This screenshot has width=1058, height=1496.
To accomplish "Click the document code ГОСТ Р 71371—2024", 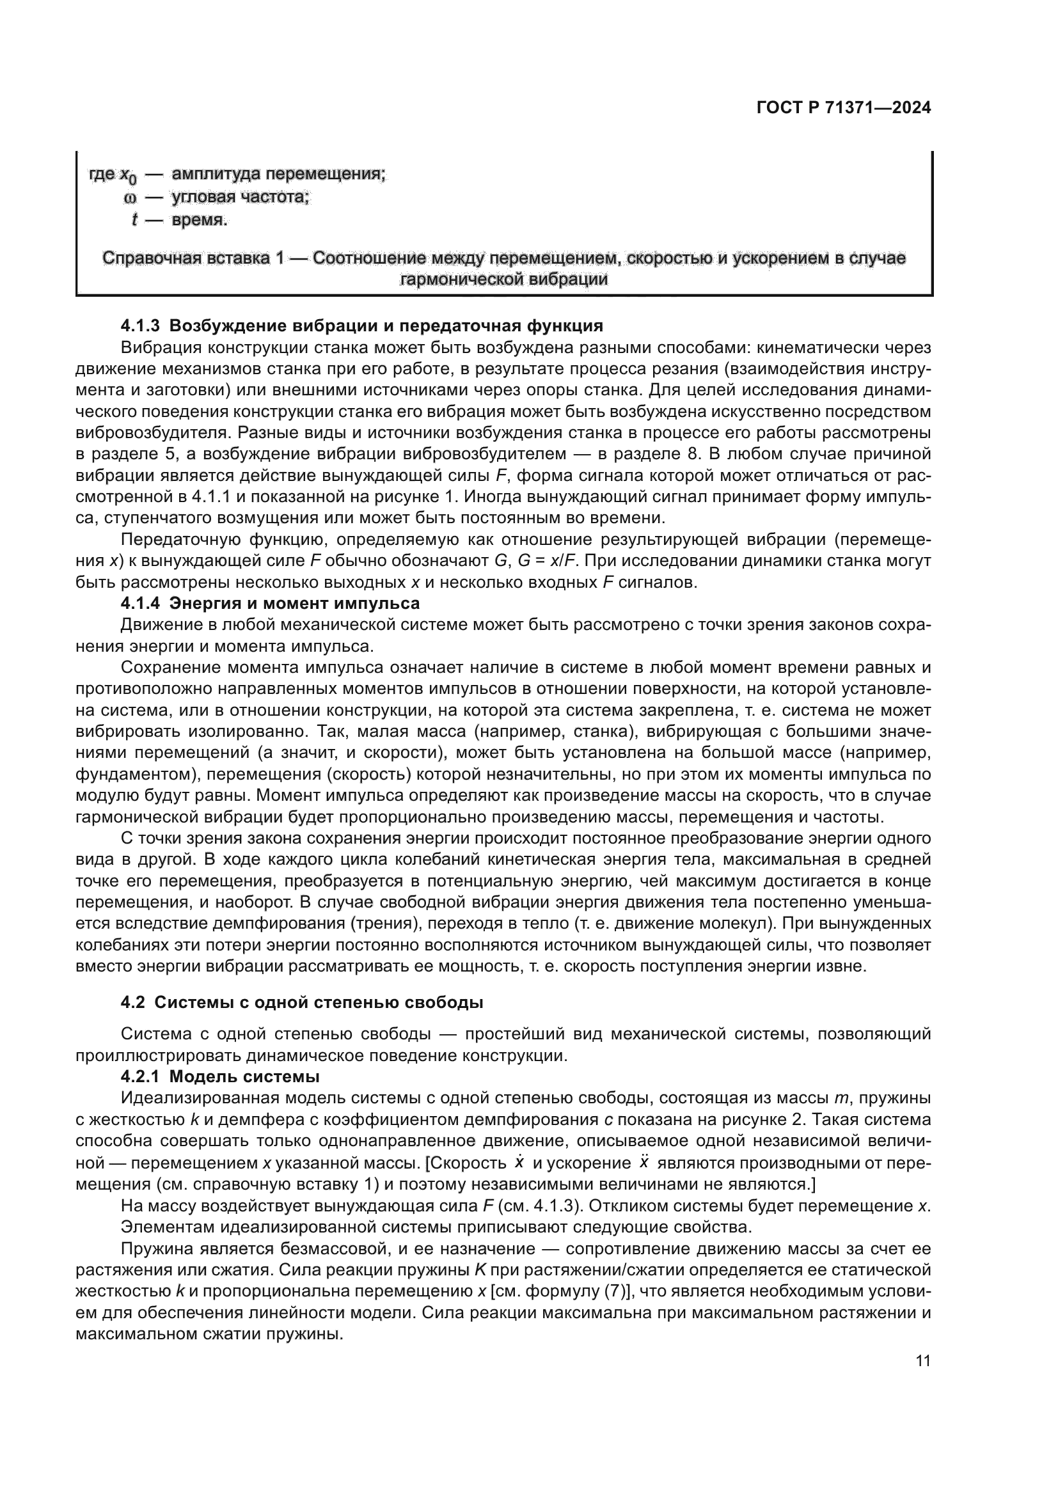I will (x=843, y=108).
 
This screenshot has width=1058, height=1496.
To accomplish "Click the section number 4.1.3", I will (x=141, y=326).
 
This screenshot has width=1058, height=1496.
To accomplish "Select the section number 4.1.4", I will (x=141, y=603).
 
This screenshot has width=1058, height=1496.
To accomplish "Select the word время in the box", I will (x=200, y=220).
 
